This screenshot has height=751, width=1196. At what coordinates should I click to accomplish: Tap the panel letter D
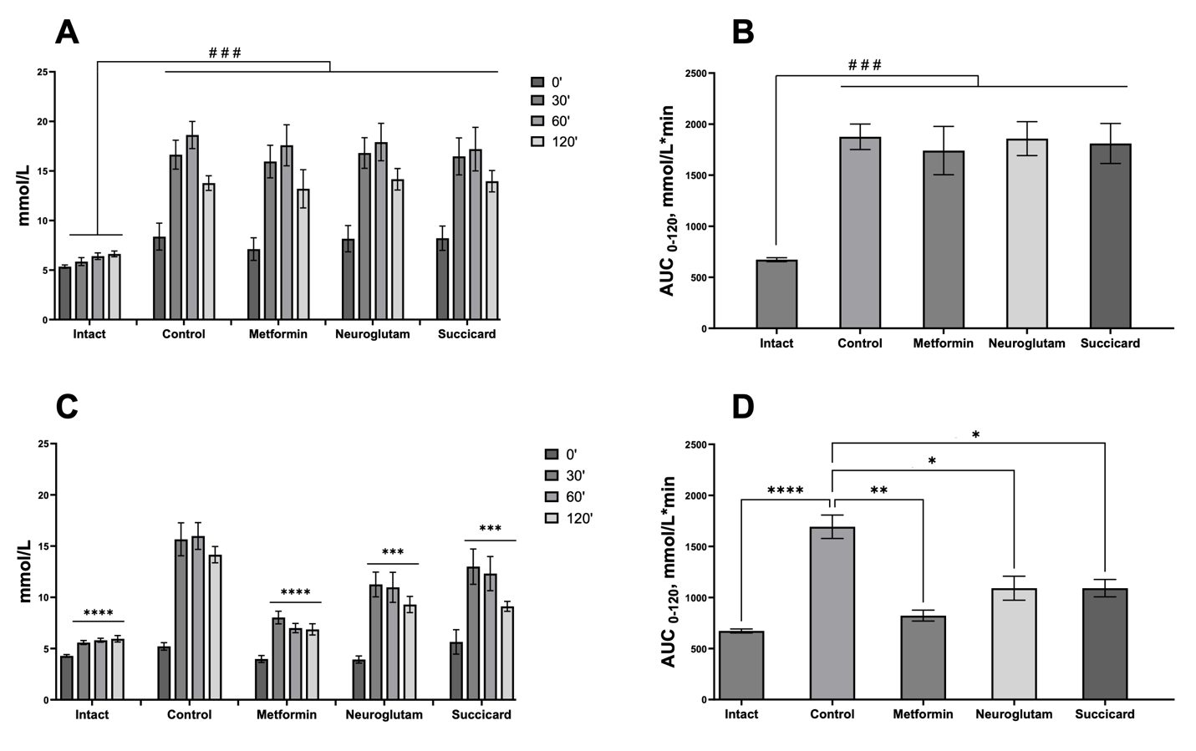[x=742, y=407]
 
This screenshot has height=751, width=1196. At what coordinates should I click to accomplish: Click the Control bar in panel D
[x=832, y=613]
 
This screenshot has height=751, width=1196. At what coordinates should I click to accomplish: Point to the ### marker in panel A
[x=225, y=53]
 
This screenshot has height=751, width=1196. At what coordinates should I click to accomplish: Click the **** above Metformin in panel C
[x=295, y=593]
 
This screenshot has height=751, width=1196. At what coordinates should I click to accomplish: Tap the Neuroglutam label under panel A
[x=372, y=334]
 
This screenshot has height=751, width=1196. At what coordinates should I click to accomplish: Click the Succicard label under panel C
[x=481, y=715]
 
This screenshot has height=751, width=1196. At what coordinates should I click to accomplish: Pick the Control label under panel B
[x=859, y=343]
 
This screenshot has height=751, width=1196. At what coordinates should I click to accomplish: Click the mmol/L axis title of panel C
[x=25, y=571]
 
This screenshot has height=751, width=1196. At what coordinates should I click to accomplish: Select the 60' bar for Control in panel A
[x=192, y=227]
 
